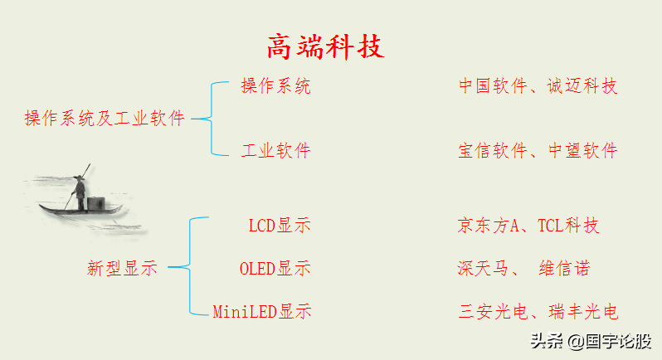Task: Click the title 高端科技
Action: (326, 46)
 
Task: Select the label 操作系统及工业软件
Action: (105, 119)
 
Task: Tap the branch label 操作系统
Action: (275, 85)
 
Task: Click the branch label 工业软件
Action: (275, 151)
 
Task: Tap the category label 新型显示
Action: (122, 268)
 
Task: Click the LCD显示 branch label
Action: (280, 226)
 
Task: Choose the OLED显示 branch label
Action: (275, 269)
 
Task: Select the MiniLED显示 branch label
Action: (261, 313)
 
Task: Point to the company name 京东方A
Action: (488, 226)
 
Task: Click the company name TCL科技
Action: (568, 226)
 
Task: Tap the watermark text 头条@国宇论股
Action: (590, 341)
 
